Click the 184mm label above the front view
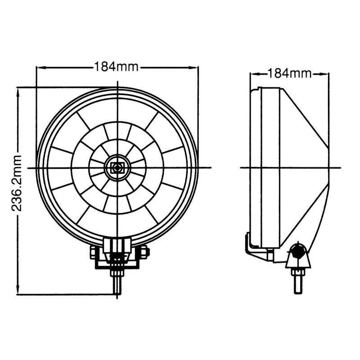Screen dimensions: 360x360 click(117, 67)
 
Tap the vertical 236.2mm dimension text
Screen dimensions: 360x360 click(17, 183)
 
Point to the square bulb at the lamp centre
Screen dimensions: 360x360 click(117, 167)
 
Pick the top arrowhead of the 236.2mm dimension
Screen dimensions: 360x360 click(18, 92)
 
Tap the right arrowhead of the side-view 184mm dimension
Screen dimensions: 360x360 click(325, 73)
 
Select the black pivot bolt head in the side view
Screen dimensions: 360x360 click(297, 252)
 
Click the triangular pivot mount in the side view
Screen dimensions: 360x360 click(297, 258)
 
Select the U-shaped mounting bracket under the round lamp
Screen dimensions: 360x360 click(118, 259)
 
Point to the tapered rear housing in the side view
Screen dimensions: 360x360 click(306, 166)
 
